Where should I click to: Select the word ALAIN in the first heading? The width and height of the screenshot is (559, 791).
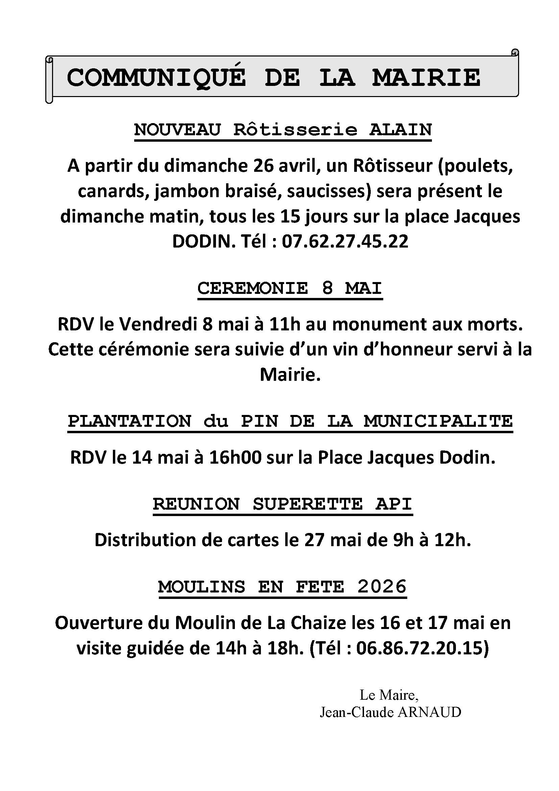pyautogui.click(x=400, y=130)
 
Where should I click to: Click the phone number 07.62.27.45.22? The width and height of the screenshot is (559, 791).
pyautogui.click(x=345, y=241)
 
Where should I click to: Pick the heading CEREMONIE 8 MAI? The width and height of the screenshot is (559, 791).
pyautogui.click(x=290, y=288)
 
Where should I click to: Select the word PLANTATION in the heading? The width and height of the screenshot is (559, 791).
pyautogui.click(x=129, y=421)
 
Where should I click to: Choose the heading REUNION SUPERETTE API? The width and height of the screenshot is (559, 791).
pyautogui.click(x=282, y=504)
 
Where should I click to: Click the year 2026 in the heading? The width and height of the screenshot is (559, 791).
pyautogui.click(x=382, y=586)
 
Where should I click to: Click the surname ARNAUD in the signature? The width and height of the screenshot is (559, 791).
pyautogui.click(x=429, y=713)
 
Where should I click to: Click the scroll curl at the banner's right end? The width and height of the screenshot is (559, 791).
pyautogui.click(x=515, y=53)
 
